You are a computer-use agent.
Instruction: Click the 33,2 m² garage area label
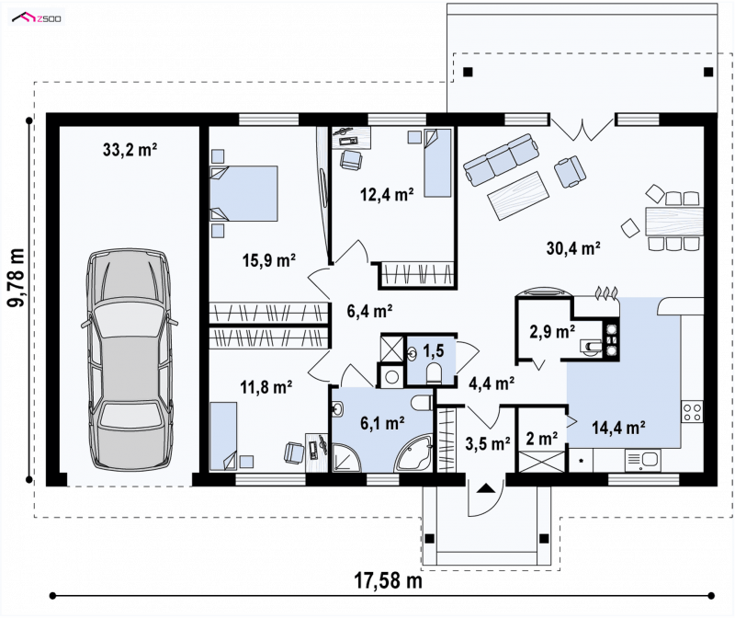click(x=130, y=150)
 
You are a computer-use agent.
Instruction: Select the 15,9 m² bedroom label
click(x=268, y=260)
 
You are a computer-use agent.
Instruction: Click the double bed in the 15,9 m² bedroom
click(x=243, y=193)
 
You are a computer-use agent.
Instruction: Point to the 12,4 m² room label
click(x=387, y=194)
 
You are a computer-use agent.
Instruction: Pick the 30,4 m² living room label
click(x=573, y=248)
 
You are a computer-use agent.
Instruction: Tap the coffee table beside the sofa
click(x=518, y=196)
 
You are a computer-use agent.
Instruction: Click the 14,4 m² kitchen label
click(x=618, y=428)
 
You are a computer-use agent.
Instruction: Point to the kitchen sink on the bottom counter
click(x=642, y=460)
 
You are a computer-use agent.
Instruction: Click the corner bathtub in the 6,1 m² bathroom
click(x=414, y=453)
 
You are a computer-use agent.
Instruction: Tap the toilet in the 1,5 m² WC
click(x=434, y=374)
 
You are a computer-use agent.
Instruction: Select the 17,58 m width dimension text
click(x=388, y=580)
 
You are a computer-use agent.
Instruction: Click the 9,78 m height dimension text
click(x=16, y=278)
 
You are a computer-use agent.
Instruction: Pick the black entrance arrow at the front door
click(x=486, y=488)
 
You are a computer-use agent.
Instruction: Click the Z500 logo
click(x=37, y=17)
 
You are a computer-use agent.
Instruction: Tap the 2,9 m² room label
click(x=552, y=332)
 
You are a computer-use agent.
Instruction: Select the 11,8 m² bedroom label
click(x=266, y=387)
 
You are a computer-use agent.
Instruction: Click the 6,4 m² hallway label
click(x=369, y=311)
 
